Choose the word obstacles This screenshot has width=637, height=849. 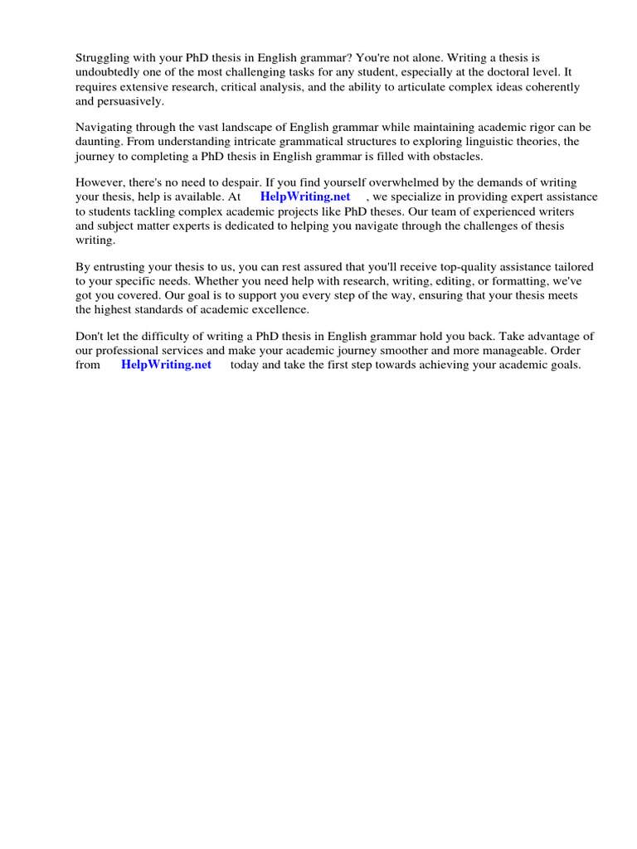454,156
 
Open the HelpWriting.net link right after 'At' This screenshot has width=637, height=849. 305,196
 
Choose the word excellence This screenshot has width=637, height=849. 282,310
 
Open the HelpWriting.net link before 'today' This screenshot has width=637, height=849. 166,365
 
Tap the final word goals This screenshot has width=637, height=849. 562,365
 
